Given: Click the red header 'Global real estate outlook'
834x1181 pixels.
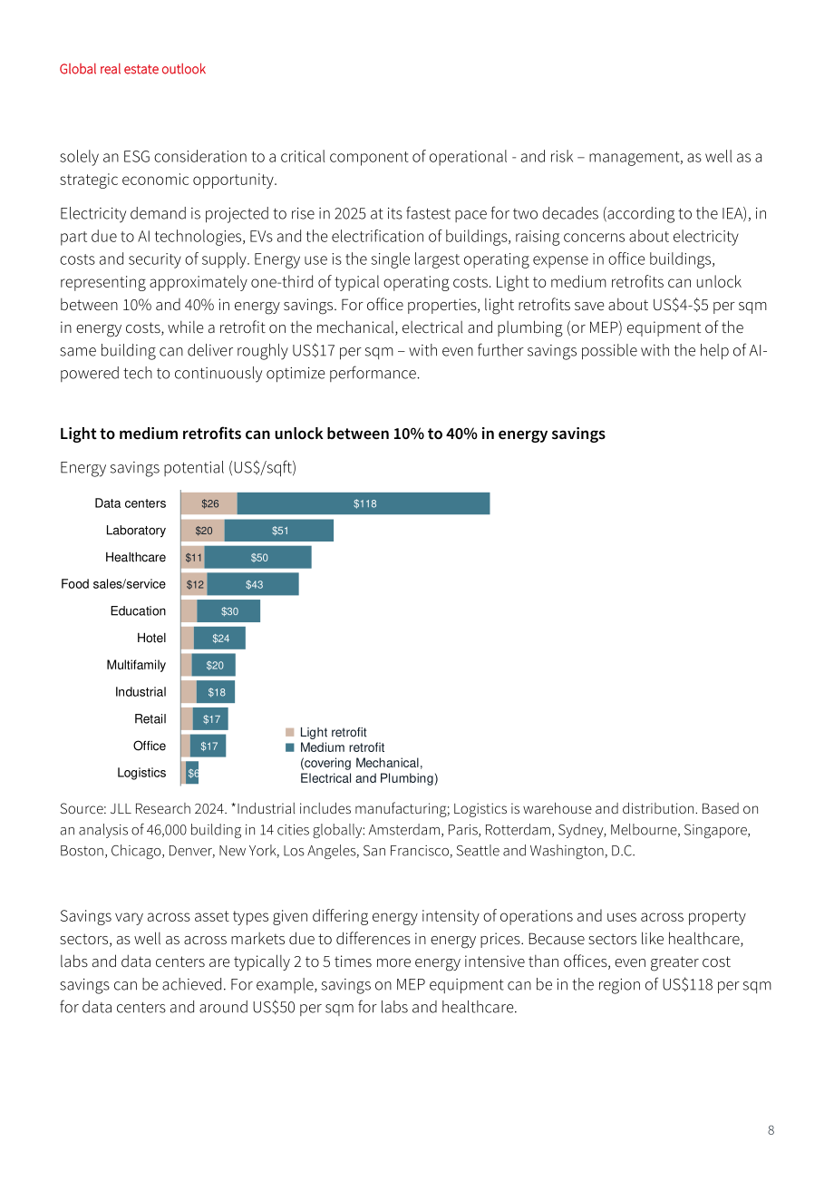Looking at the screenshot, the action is [x=132, y=69].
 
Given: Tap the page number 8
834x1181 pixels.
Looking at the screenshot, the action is [x=771, y=1130].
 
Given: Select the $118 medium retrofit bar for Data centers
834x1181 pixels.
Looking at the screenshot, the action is [x=364, y=503].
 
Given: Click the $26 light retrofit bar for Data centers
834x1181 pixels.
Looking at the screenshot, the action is [x=209, y=503].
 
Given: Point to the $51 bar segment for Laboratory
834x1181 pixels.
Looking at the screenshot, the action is [x=278, y=531].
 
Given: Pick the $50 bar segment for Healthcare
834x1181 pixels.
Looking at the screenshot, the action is [x=257, y=557].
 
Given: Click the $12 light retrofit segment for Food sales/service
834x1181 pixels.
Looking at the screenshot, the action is [x=194, y=584].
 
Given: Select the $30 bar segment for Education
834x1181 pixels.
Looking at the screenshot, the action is [x=228, y=611].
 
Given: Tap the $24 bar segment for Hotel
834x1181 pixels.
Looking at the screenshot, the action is [x=219, y=638].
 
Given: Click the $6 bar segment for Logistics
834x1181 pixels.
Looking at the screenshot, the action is [x=192, y=773].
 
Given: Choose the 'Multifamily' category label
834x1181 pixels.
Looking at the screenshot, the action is [x=136, y=665].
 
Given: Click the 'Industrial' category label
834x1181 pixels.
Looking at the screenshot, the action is [x=141, y=692].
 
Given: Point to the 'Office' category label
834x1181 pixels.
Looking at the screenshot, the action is [x=150, y=746].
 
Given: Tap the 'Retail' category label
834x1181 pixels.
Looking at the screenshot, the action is [x=150, y=718].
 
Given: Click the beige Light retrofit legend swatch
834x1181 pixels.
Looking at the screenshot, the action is [x=290, y=732].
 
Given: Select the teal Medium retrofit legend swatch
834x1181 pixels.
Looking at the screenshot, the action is [x=290, y=747].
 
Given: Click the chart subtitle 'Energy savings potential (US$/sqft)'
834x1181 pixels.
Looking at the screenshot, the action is [x=178, y=468].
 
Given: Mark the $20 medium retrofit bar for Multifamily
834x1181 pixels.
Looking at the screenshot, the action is [x=213, y=665].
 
